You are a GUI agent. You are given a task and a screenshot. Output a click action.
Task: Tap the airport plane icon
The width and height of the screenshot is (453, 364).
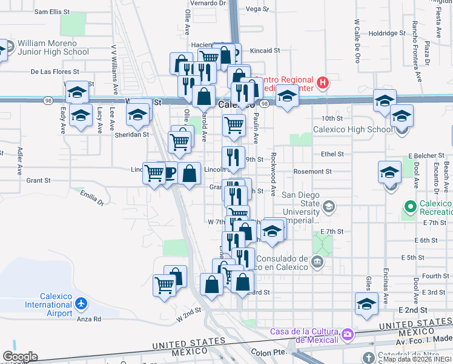83,303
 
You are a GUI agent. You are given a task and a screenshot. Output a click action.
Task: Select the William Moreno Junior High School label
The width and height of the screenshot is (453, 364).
53,47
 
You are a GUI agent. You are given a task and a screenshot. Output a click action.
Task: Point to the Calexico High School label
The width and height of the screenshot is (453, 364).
352,129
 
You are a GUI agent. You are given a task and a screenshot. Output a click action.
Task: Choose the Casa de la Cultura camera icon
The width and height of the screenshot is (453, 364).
348,334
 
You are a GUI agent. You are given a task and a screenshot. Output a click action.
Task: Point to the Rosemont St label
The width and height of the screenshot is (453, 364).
312,172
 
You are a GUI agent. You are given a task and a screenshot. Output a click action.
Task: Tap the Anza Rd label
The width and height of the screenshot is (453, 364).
88,318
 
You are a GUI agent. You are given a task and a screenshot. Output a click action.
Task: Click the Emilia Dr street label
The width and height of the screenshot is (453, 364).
91,195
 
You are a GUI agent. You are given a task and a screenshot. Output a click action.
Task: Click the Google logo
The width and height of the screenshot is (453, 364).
20,357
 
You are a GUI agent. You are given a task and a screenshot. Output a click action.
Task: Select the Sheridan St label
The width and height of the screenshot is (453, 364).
132,135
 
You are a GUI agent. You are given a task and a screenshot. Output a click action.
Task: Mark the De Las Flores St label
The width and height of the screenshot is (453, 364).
51,72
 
